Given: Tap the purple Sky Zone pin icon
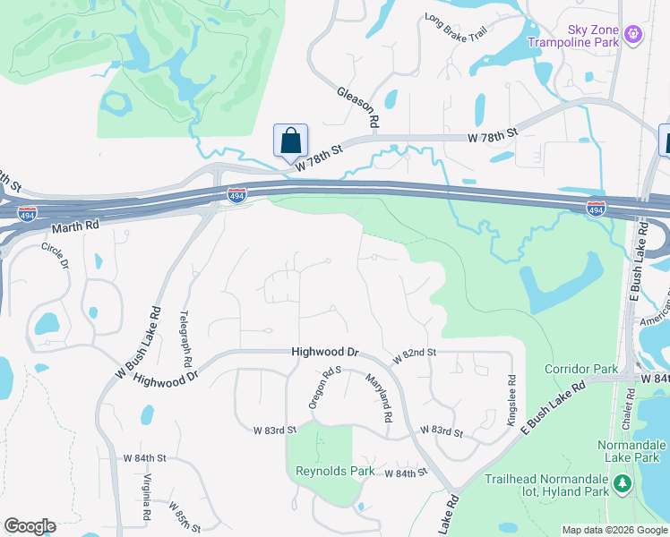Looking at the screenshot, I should pos(634,34).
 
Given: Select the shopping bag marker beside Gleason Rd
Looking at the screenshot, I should pos(290,141).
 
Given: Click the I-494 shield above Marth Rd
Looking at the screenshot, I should pos(236,195).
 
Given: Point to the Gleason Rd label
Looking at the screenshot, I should pos(358,106).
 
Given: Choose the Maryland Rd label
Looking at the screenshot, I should pos(379,398).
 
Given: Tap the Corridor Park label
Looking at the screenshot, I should pos(581,369).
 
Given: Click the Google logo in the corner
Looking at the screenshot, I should pos(30,526).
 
